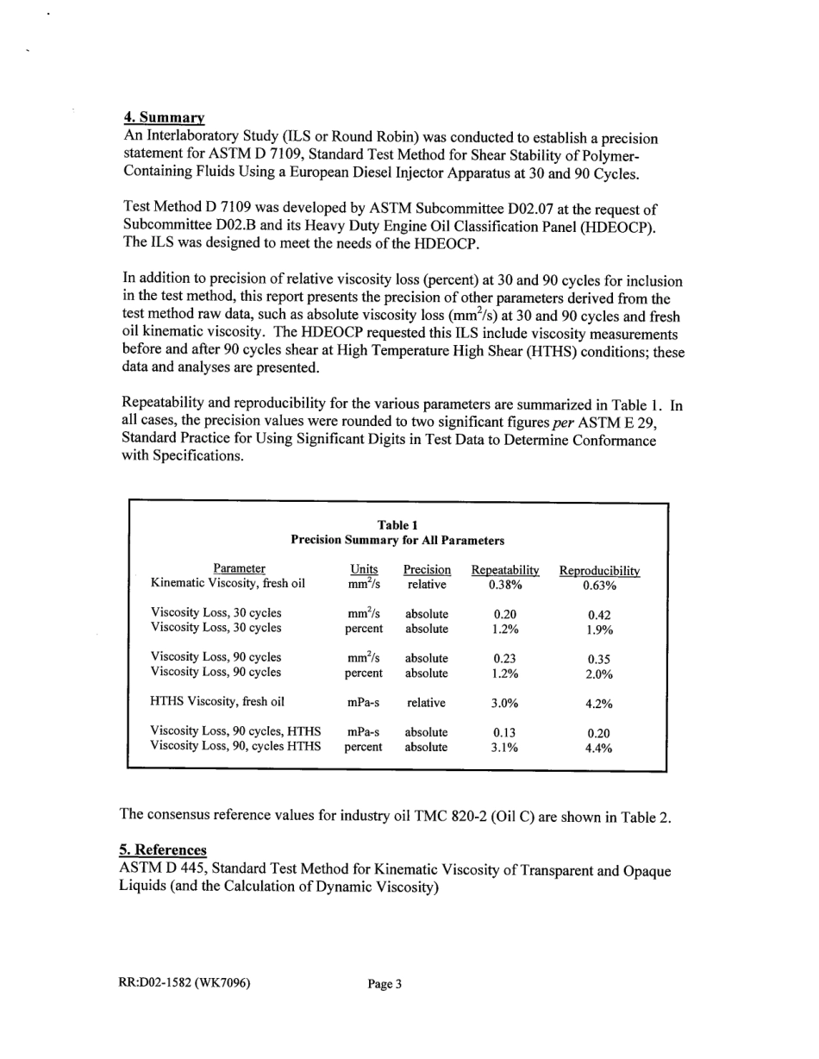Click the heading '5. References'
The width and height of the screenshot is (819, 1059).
coord(162,849)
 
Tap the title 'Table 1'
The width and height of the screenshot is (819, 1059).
coord(397,525)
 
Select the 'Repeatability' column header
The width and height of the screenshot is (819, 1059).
coord(505,569)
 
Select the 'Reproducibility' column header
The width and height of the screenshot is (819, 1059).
coord(599,571)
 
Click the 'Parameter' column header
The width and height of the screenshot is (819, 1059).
coord(240,568)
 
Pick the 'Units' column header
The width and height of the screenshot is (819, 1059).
coord(364,568)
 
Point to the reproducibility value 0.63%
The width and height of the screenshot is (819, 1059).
coord(599,586)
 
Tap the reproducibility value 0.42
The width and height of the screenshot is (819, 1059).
coord(599,616)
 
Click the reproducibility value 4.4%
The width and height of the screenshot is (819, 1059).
coord(599,749)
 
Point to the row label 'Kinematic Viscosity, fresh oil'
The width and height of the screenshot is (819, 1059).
coord(228,584)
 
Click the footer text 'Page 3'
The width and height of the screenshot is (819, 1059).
coord(384,983)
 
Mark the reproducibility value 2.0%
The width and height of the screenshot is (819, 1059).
coord(599,674)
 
